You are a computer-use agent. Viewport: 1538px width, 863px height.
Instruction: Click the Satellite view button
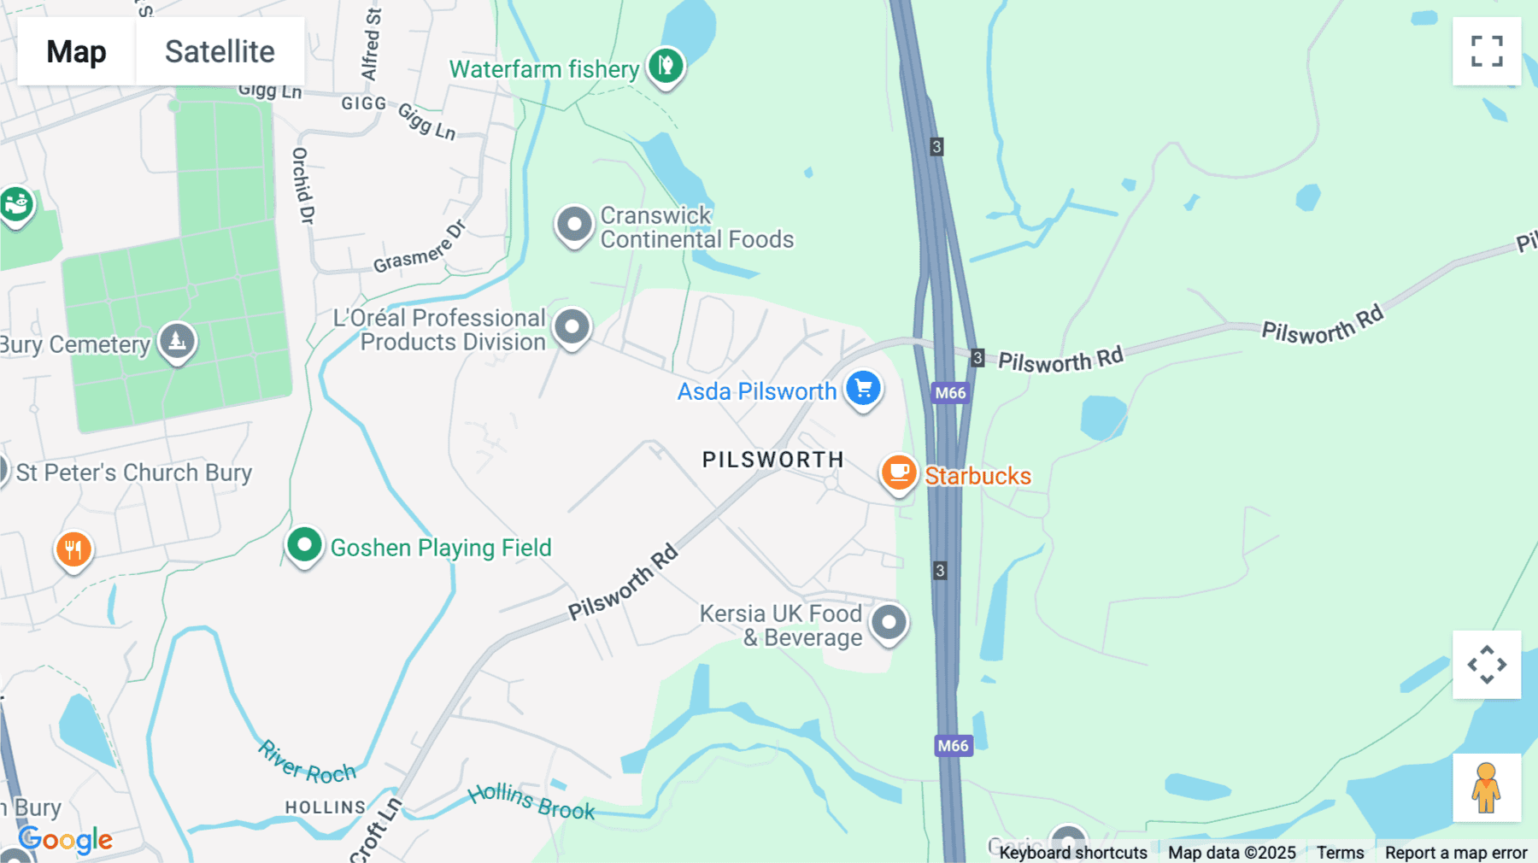point(220,51)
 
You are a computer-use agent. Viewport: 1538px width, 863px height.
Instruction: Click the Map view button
point(76,51)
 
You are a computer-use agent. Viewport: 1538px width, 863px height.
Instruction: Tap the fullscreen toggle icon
point(1487,51)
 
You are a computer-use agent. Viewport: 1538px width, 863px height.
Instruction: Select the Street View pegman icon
point(1487,788)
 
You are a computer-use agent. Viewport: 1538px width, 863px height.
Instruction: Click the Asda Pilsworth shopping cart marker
point(863,389)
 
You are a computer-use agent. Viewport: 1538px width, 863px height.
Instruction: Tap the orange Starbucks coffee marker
point(899,473)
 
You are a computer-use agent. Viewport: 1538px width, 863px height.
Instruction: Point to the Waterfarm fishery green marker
point(666,66)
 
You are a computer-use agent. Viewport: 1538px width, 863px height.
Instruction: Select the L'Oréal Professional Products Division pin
point(572,327)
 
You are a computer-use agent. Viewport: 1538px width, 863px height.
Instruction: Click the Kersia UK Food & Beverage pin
point(889,623)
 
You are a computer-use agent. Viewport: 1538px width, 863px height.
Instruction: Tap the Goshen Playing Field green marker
point(304,545)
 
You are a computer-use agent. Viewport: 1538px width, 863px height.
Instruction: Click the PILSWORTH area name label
point(772,460)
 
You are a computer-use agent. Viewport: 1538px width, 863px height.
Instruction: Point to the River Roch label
point(308,763)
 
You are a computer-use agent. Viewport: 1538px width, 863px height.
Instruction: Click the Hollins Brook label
point(531,802)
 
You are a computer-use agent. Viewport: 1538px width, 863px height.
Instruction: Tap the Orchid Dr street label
point(302,185)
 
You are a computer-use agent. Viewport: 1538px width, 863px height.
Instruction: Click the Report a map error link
point(1456,853)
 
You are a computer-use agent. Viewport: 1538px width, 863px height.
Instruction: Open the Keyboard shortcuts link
point(1073,853)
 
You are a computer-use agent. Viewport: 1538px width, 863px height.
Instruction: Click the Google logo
point(66,840)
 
